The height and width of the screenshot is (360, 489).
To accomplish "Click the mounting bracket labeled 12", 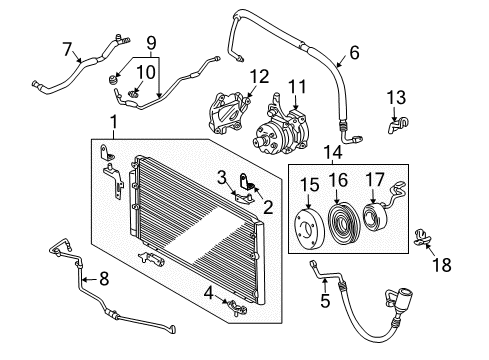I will click(231, 110).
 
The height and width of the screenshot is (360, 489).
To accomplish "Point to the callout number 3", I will click(220, 178).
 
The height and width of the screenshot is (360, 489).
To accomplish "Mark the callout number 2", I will click(268, 207).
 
